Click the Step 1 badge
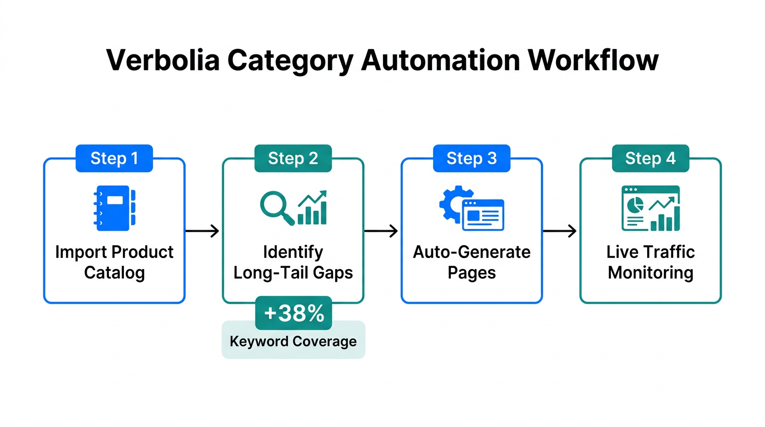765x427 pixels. click(x=114, y=158)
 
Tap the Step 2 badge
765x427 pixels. click(x=293, y=158)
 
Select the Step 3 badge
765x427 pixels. click(x=471, y=158)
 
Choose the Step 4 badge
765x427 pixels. click(x=650, y=158)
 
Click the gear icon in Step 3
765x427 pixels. click(x=451, y=203)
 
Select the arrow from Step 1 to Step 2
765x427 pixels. click(x=203, y=231)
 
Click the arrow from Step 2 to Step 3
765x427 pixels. click(x=382, y=231)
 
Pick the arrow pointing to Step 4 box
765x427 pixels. click(x=560, y=231)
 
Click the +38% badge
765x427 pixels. click(x=294, y=314)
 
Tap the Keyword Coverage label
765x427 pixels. click(x=294, y=341)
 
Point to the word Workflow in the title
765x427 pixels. click(x=594, y=60)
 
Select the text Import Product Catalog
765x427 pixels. click(x=115, y=262)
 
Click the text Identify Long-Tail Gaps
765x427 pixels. click(x=293, y=262)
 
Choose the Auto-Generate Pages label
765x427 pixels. click(x=471, y=262)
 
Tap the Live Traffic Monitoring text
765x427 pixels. click(x=650, y=262)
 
